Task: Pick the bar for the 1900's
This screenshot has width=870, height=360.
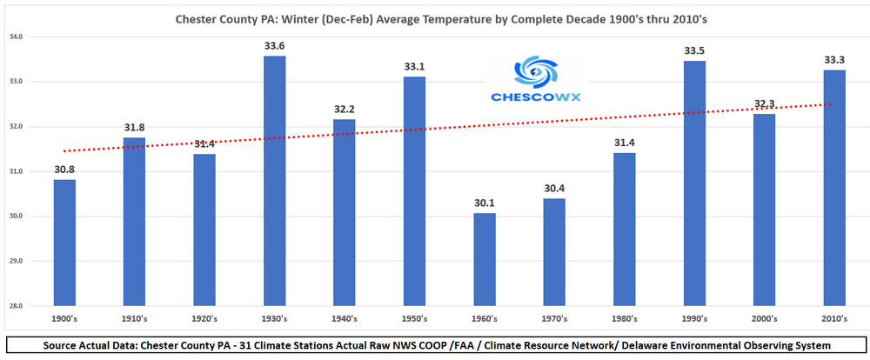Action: (x=64, y=243)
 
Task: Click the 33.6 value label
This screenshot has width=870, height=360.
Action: (x=274, y=46)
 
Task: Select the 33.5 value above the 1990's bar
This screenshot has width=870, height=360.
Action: (x=694, y=50)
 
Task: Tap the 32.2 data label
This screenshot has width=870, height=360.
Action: (x=345, y=110)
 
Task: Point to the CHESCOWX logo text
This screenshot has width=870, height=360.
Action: (x=529, y=99)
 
